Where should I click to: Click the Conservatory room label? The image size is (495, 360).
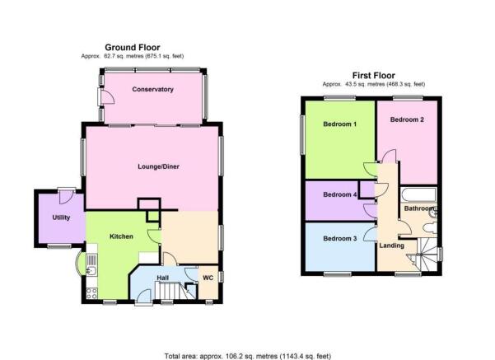pyautogui.click(x=153, y=89)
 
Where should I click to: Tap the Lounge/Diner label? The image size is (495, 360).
pyautogui.click(x=158, y=166)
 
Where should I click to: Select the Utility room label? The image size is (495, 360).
pyautogui.click(x=61, y=217)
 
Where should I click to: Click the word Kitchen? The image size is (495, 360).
pyautogui.click(x=121, y=236)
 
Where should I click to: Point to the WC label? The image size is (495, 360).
pyautogui.click(x=208, y=278)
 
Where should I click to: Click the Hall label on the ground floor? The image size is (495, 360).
pyautogui.click(x=163, y=278)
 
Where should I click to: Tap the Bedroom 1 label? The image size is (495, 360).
pyautogui.click(x=340, y=124)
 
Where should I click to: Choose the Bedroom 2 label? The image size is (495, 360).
pyautogui.click(x=407, y=119)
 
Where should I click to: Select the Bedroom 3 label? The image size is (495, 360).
pyautogui.click(x=340, y=238)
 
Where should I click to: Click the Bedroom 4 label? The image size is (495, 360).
pyautogui.click(x=340, y=194)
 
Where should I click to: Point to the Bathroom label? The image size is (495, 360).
pyautogui.click(x=419, y=208)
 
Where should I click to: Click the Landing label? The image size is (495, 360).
pyautogui.click(x=392, y=245)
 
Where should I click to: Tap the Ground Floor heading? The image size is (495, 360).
pyautogui.click(x=133, y=48)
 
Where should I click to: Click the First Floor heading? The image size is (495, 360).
pyautogui.click(x=374, y=76)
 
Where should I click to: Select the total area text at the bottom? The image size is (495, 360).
pyautogui.click(x=248, y=356)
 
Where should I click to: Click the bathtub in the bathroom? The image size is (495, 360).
pyautogui.click(x=418, y=194)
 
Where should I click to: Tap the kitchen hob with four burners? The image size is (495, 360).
pyautogui.click(x=92, y=293)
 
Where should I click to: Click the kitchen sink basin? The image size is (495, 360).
pyautogui.click(x=92, y=271)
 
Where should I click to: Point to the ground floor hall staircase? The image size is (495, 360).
pyautogui.click(x=170, y=291)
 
